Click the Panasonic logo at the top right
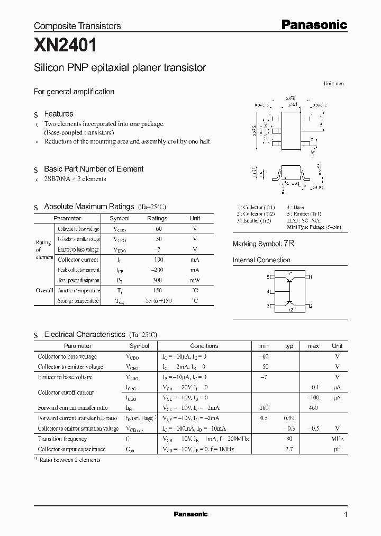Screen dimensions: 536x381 [x=313, y=24]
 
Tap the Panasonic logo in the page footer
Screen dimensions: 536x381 [x=190, y=514]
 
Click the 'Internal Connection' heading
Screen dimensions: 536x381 [x=261, y=260]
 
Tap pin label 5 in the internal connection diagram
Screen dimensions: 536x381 [x=268, y=277]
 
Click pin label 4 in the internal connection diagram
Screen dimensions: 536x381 [x=268, y=292]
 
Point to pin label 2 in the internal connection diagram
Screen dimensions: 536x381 [x=311, y=306]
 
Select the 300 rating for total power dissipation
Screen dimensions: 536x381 [x=157, y=280]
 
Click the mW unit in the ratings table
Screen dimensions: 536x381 [x=195, y=280]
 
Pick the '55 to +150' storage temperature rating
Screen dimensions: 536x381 [x=157, y=301]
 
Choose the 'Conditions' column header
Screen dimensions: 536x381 [x=204, y=346]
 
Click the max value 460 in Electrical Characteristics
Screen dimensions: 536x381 [x=313, y=408]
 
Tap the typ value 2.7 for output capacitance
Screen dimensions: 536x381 [x=289, y=449]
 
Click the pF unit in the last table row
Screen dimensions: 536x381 [x=337, y=449]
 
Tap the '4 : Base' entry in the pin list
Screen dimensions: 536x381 [x=296, y=207]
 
